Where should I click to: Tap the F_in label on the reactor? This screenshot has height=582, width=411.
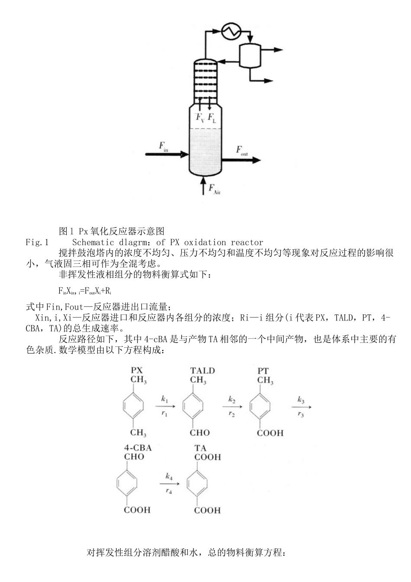pyautogui.click(x=164, y=147)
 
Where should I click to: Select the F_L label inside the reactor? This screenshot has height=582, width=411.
pyautogui.click(x=212, y=117)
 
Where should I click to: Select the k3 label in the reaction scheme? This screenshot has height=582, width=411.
pyautogui.click(x=301, y=400)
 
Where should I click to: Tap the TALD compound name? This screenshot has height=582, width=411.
pyautogui.click(x=202, y=371)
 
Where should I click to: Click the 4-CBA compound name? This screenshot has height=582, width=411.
pyautogui.click(x=138, y=448)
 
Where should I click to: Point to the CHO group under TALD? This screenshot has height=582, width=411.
pyautogui.click(x=199, y=433)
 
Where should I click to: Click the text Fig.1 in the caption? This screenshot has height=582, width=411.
pyautogui.click(x=37, y=242)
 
